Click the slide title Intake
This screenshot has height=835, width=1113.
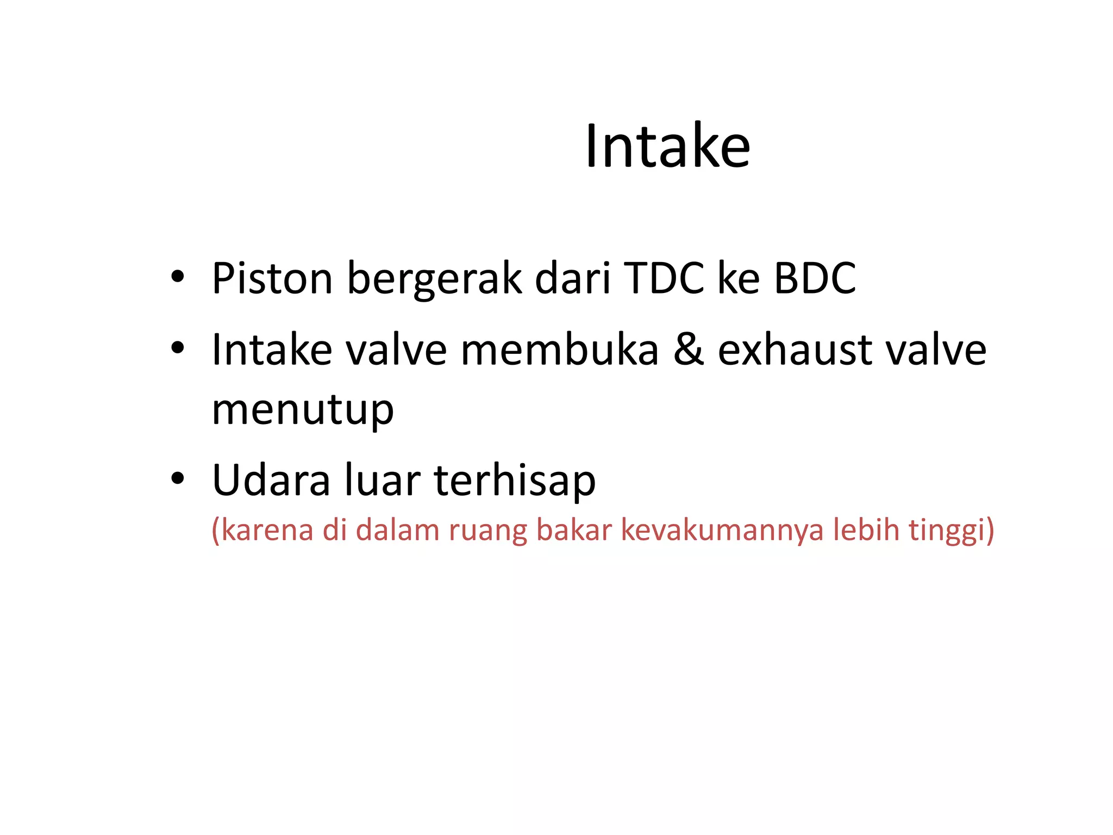pyautogui.click(x=667, y=146)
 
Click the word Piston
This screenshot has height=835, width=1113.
pyautogui.click(x=272, y=278)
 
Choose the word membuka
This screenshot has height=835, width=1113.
pyautogui.click(x=560, y=350)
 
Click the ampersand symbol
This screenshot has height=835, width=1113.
pyautogui.click(x=689, y=350)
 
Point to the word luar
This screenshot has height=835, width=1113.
pyautogui.click(x=382, y=480)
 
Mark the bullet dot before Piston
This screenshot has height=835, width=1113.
pyautogui.click(x=177, y=276)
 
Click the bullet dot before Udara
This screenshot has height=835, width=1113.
pyautogui.click(x=177, y=478)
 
